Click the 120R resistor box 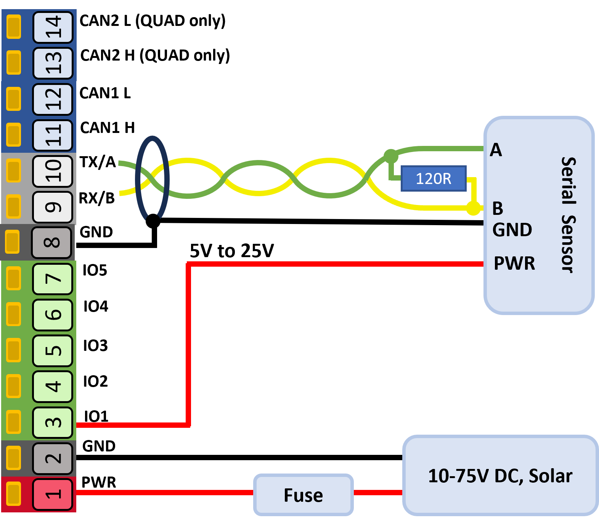(x=434, y=178)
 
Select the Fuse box (x=304, y=495)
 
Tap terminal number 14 (x=53, y=27)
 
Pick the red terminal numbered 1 (x=53, y=494)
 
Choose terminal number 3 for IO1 (x=53, y=422)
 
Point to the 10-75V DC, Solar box (x=500, y=475)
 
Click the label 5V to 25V (x=232, y=251)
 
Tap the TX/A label (x=98, y=162)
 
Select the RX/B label (x=97, y=198)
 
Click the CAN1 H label (x=108, y=128)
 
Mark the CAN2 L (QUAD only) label (x=153, y=21)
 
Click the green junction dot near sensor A (x=390, y=156)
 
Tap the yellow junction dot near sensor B (x=473, y=208)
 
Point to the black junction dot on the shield (x=153, y=221)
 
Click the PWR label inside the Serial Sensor (x=514, y=263)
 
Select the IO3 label (x=95, y=346)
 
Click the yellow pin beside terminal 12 (x=14, y=99)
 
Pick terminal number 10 (x=53, y=171)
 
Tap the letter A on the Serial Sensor (x=496, y=150)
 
